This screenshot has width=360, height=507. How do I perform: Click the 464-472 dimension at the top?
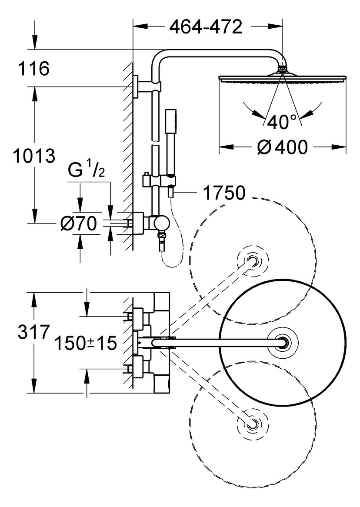pyautogui.click(x=206, y=27)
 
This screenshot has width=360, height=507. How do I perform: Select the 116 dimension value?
pyautogui.click(x=33, y=69)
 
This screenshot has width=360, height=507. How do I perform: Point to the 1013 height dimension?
pyautogui.click(x=34, y=156)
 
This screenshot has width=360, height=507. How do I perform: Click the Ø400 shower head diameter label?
pyautogui.click(x=282, y=147)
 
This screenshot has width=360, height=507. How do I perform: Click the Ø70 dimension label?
pyautogui.click(x=79, y=223)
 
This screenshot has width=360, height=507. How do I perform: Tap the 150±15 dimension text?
pyautogui.click(x=85, y=343)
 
